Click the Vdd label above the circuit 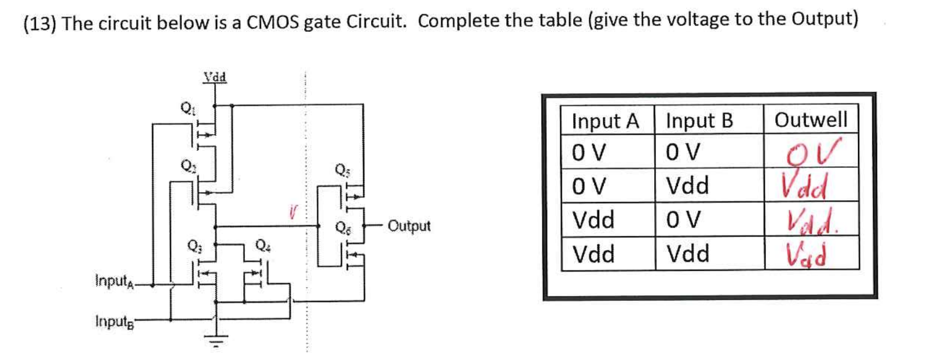pyautogui.click(x=215, y=76)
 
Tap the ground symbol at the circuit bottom pyautogui.click(x=216, y=341)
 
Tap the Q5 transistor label pyautogui.click(x=342, y=169)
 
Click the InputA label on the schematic pyautogui.click(x=114, y=281)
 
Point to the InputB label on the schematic pyautogui.click(x=114, y=321)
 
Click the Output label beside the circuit pyautogui.click(x=409, y=226)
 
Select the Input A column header pyautogui.click(x=605, y=121)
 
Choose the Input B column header pyautogui.click(x=699, y=121)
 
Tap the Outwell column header pyautogui.click(x=811, y=120)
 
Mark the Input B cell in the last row pyautogui.click(x=688, y=254)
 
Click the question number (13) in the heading pyautogui.click(x=39, y=24)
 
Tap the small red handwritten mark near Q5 pyautogui.click(x=294, y=213)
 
